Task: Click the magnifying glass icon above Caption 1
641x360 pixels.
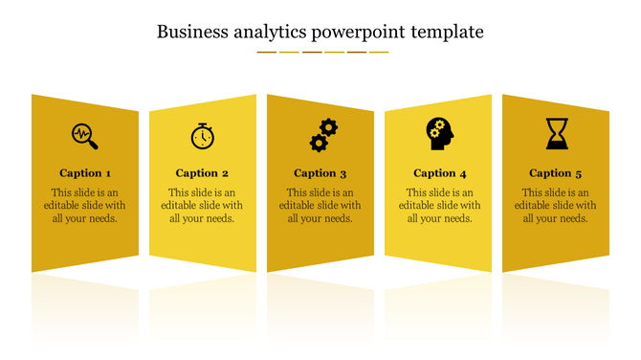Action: tap(84, 136)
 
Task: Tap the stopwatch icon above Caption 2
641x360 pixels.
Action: tap(202, 136)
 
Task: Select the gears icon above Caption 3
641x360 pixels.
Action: tap(323, 135)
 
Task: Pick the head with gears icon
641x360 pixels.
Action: tap(440, 133)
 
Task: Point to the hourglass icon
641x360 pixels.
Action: tap(557, 133)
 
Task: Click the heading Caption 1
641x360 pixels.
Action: tap(85, 173)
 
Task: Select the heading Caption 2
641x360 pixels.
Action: tap(202, 173)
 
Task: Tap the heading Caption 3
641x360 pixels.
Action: tap(320, 173)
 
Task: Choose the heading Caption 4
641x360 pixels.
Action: tap(440, 173)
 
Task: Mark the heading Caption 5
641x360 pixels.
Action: tap(556, 173)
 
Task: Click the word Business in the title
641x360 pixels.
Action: tap(190, 32)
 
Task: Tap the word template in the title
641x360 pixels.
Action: tap(447, 32)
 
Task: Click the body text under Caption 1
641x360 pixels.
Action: tap(85, 205)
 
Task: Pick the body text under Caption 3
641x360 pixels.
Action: tap(320, 205)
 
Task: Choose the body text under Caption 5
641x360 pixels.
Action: tap(556, 205)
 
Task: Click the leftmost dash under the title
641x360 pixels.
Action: tap(266, 52)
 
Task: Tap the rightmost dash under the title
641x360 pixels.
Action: tap(379, 52)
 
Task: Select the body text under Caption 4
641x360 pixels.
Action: tap(440, 205)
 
